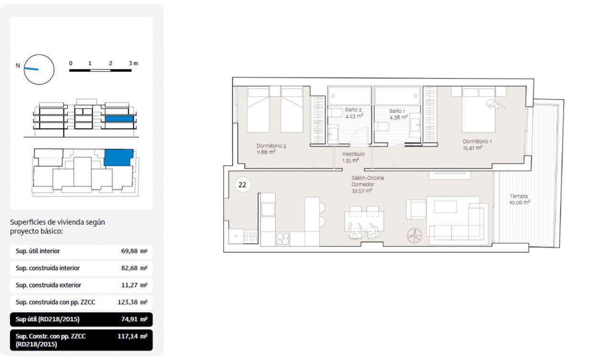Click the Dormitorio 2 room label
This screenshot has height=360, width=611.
[271, 146]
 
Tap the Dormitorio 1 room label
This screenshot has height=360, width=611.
[477, 141]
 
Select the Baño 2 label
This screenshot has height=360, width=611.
[353, 110]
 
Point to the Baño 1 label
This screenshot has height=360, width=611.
[397, 111]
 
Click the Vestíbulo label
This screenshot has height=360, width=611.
[354, 154]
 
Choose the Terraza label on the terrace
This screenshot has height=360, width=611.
[518, 196]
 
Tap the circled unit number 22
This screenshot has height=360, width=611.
[242, 185]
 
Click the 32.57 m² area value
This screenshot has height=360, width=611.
[362, 191]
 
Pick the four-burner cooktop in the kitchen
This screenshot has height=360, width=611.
[283, 239]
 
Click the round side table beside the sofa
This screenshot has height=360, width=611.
[414, 235]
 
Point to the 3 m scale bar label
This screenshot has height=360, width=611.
[133, 64]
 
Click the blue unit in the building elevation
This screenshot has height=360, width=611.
[119, 118]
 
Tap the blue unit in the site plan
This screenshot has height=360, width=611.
[118, 158]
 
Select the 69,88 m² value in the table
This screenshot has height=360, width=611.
[134, 251]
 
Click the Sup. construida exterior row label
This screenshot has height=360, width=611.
[48, 285]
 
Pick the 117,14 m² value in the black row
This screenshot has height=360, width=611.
[132, 336]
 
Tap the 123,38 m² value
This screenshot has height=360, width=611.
[132, 302]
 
